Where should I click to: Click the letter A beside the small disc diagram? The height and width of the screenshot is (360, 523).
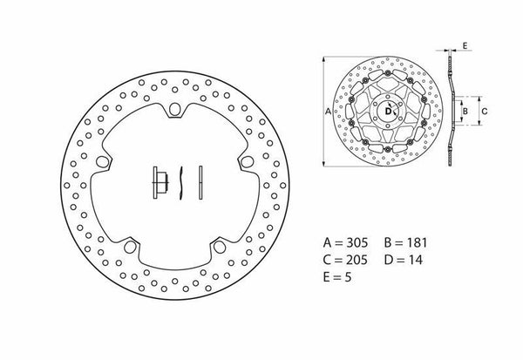(x=327, y=112)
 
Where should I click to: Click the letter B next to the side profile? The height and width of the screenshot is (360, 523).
(x=465, y=111)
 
